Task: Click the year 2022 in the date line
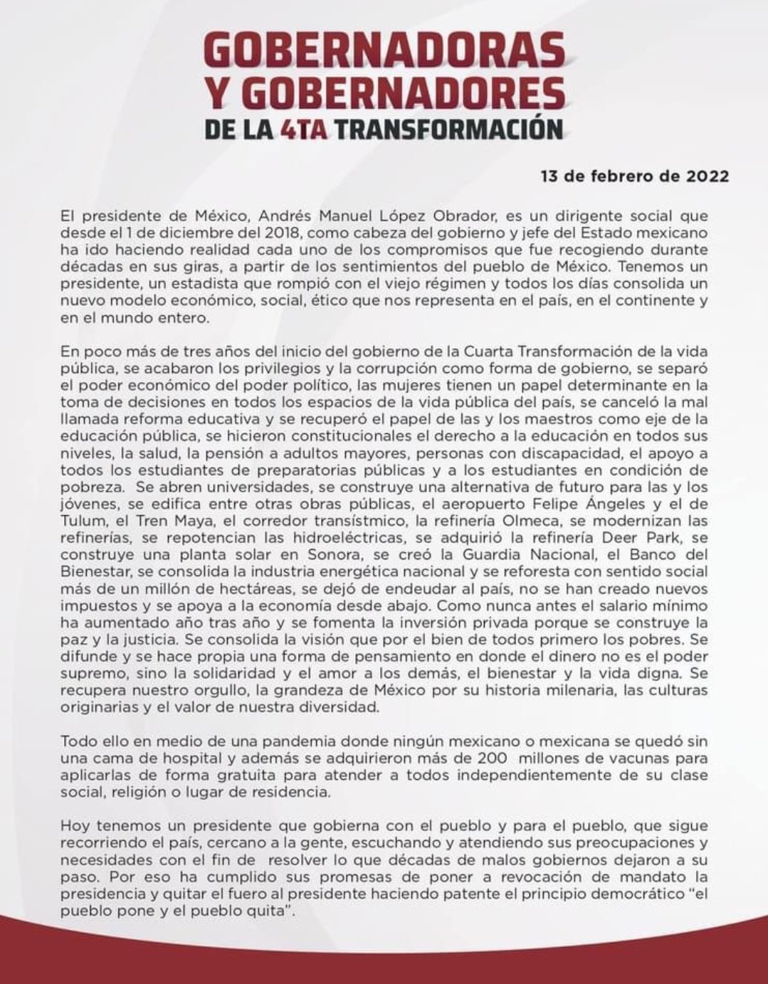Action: pos(707,176)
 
